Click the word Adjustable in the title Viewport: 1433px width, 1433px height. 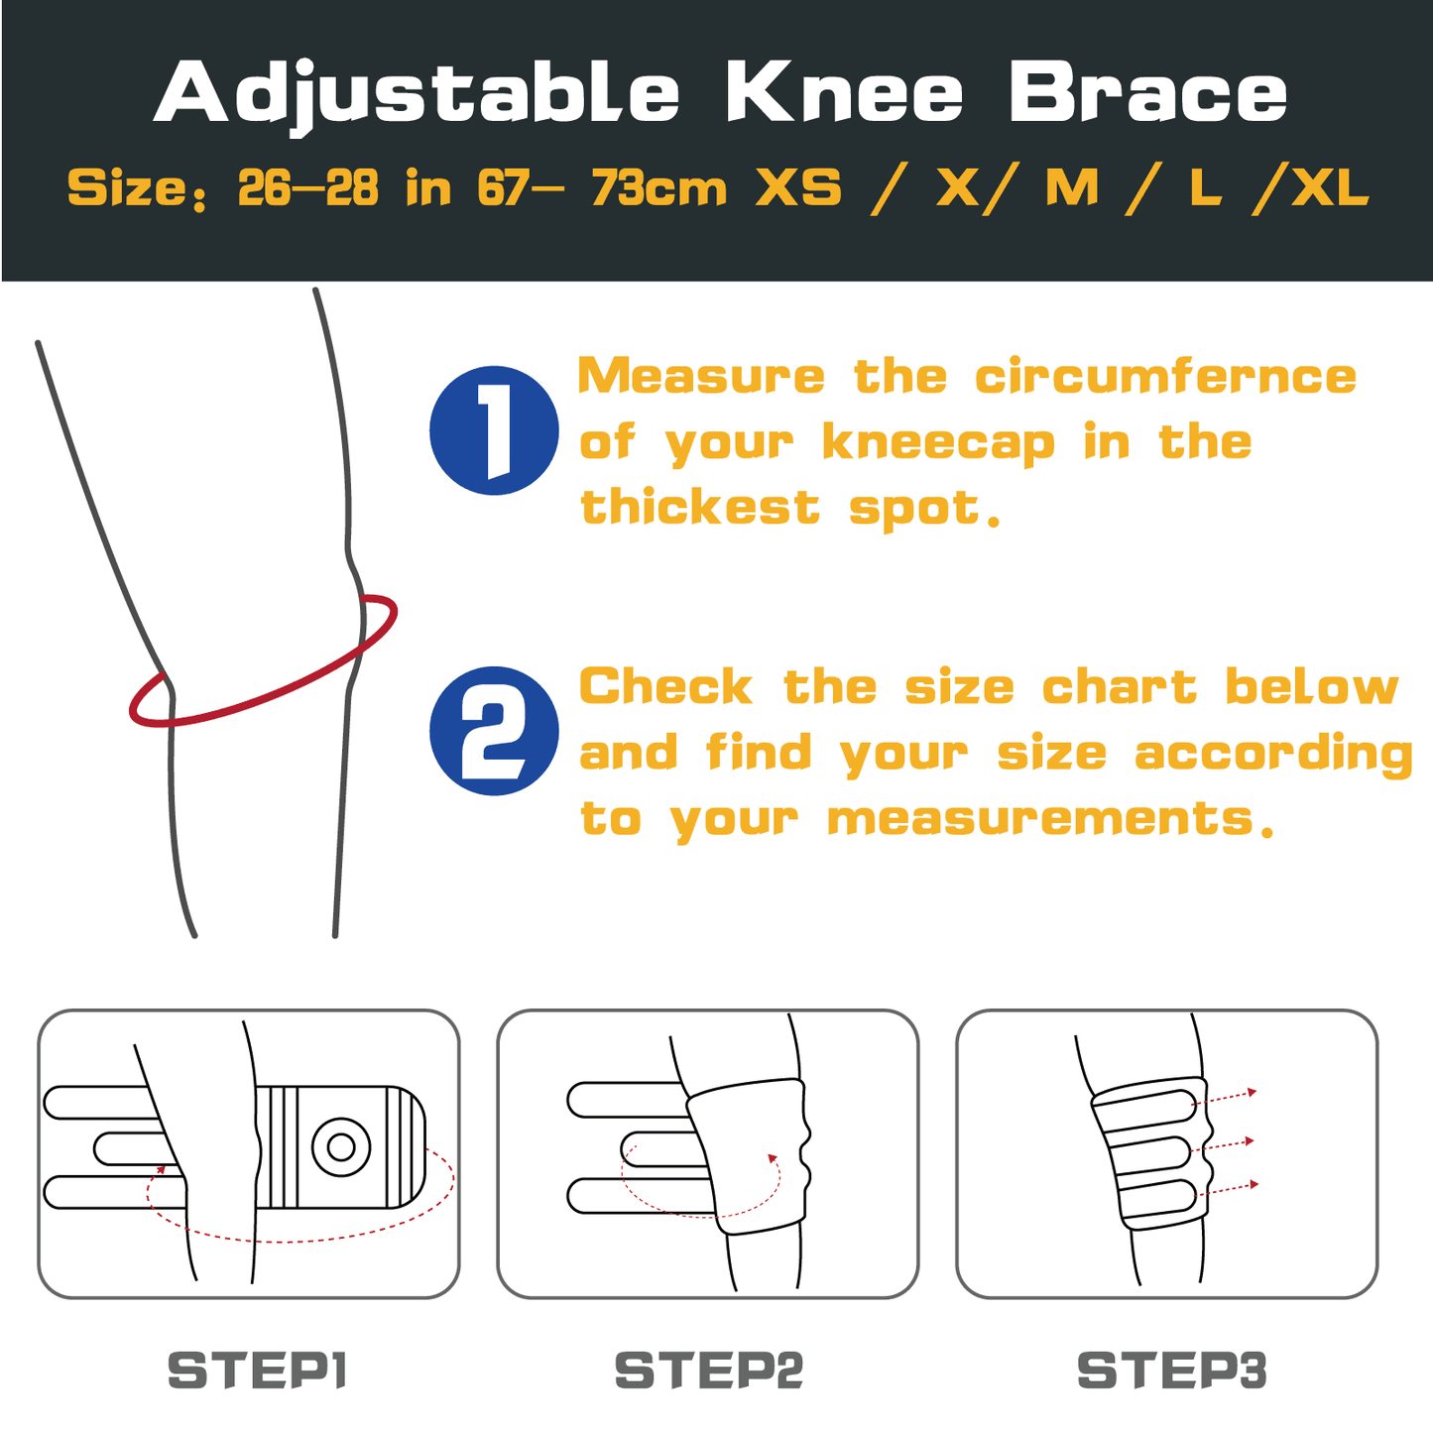(x=417, y=94)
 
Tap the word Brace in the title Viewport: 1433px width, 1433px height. (x=1147, y=94)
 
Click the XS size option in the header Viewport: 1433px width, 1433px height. (x=798, y=188)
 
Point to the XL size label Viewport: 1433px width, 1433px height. (x=1329, y=188)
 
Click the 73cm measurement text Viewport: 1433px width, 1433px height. (x=658, y=188)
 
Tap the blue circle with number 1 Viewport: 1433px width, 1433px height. (x=494, y=430)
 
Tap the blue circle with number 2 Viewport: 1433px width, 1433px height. (x=494, y=731)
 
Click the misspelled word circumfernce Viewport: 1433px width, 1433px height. (x=1165, y=377)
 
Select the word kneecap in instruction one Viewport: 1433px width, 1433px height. (x=938, y=443)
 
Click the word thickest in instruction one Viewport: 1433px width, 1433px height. (x=700, y=508)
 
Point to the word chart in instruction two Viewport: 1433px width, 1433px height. (x=1120, y=687)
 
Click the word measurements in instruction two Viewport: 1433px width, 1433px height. (x=1041, y=819)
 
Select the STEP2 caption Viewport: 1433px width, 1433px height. (x=708, y=1371)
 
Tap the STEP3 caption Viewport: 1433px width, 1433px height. (x=1171, y=1371)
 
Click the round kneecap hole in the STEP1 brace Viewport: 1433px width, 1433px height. (x=341, y=1147)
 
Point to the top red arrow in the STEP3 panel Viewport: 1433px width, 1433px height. (x=1252, y=1092)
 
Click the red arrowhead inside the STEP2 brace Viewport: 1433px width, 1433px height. (x=772, y=1157)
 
